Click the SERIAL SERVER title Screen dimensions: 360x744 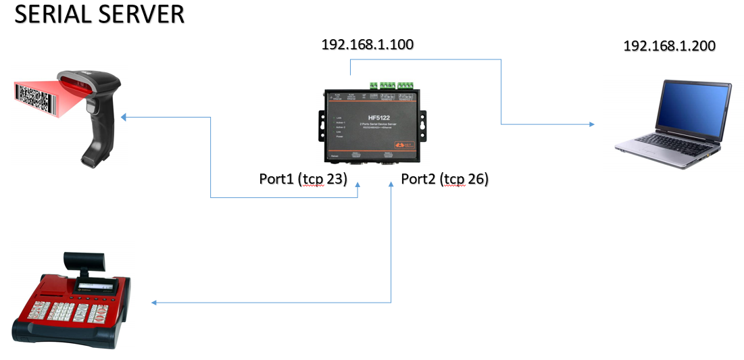point(99,16)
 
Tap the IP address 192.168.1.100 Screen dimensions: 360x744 point(367,45)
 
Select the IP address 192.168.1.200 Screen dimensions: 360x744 point(669,46)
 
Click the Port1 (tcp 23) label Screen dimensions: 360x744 point(303,179)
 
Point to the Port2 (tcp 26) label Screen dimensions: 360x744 point(444,179)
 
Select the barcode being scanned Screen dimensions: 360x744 point(33,97)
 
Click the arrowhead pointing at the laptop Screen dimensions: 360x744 point(592,124)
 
